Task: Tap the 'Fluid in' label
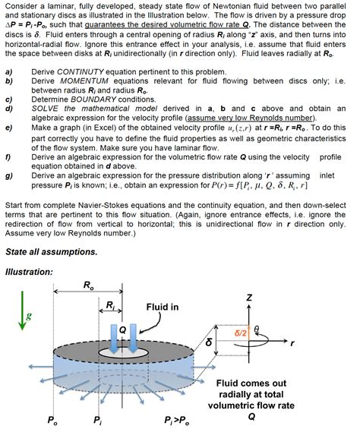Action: [163, 307]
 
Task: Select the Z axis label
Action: [249, 298]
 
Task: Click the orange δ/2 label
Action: [241, 333]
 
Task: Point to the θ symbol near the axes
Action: [257, 329]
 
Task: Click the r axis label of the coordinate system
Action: [292, 343]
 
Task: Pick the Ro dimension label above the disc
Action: [89, 285]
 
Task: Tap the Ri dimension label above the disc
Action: [110, 305]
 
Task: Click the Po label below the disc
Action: [52, 421]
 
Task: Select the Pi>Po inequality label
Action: [177, 421]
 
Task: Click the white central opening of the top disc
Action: [124, 352]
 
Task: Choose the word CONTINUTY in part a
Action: [81, 72]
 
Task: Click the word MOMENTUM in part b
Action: [84, 81]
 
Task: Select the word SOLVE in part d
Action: [45, 109]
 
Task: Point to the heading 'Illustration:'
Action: [29, 272]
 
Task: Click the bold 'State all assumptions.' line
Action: [52, 252]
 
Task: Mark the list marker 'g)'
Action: [9, 176]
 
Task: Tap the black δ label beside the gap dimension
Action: [209, 342]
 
